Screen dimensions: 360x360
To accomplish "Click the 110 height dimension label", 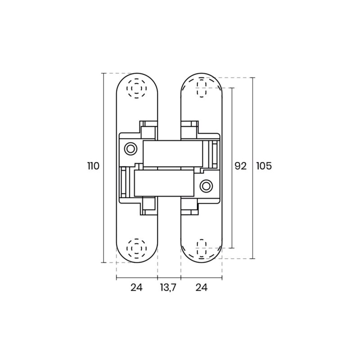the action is (93, 166).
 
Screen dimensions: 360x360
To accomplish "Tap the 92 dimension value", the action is (240, 166).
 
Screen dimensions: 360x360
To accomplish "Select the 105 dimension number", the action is (264, 166).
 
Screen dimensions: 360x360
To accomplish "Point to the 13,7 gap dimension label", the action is (168, 287).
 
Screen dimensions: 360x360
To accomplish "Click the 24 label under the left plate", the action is (137, 287).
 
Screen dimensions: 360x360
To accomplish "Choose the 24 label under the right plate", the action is (201, 287).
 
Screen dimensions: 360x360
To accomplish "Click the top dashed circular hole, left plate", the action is (137, 88).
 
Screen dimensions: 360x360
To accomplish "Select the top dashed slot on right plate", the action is (201, 88).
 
